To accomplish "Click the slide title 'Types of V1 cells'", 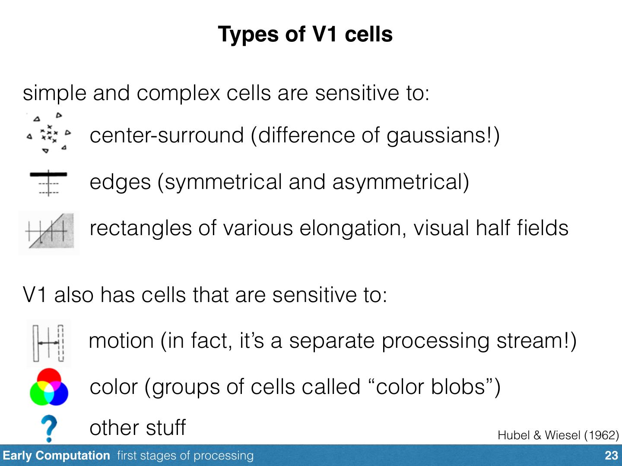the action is tap(305, 34).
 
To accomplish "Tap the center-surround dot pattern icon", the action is tap(49, 133).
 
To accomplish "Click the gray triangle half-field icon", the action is tap(49, 233).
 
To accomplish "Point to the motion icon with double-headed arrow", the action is tap(48, 343).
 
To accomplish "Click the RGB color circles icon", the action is tap(49, 387).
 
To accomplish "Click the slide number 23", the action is tap(611, 456).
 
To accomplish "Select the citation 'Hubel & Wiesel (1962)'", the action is tap(558, 435).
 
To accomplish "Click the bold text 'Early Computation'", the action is tap(56, 456).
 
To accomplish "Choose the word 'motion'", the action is tap(121, 341).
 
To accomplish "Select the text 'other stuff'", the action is tap(137, 428).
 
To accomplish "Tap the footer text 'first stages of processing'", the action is tap(185, 456).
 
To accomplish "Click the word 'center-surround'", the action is tap(166, 135).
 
